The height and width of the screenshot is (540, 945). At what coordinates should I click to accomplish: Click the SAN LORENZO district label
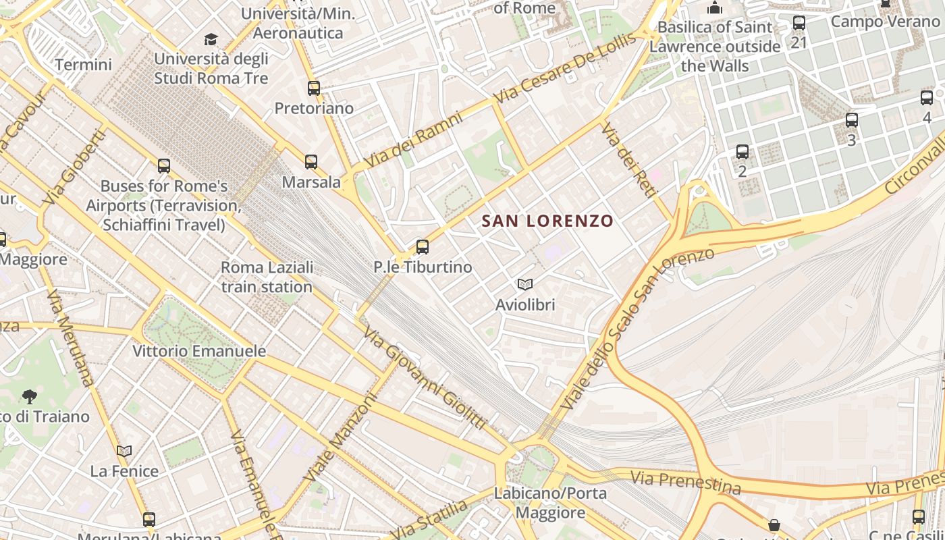click(x=547, y=221)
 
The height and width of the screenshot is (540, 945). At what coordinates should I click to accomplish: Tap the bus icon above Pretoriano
click(x=314, y=88)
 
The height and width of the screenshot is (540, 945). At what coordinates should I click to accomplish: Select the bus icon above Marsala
click(x=311, y=162)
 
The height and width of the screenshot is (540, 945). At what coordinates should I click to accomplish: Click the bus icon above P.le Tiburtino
click(x=423, y=247)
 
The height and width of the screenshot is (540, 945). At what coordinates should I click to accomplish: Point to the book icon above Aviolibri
click(x=525, y=285)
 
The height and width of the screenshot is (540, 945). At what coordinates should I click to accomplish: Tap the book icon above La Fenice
click(x=124, y=451)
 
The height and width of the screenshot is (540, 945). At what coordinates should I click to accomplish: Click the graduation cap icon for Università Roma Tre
click(x=211, y=39)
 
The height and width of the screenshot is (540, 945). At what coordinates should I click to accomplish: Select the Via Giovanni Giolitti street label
click(x=424, y=378)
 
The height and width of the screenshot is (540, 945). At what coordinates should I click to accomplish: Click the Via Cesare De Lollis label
click(x=566, y=68)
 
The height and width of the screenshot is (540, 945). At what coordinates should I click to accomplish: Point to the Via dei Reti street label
click(x=628, y=161)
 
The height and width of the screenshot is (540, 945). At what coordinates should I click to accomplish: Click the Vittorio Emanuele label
click(x=199, y=351)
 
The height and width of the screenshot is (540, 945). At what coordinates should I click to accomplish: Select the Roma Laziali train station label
click(x=267, y=277)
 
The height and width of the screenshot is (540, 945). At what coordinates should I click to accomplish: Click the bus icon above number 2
click(x=742, y=151)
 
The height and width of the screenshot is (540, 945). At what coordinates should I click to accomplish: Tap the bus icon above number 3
click(x=852, y=120)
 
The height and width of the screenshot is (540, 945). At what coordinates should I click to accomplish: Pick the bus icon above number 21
click(x=799, y=23)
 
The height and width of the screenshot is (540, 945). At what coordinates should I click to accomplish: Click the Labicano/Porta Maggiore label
click(x=550, y=503)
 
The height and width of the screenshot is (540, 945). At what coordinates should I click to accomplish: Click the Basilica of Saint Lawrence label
click(x=715, y=47)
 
